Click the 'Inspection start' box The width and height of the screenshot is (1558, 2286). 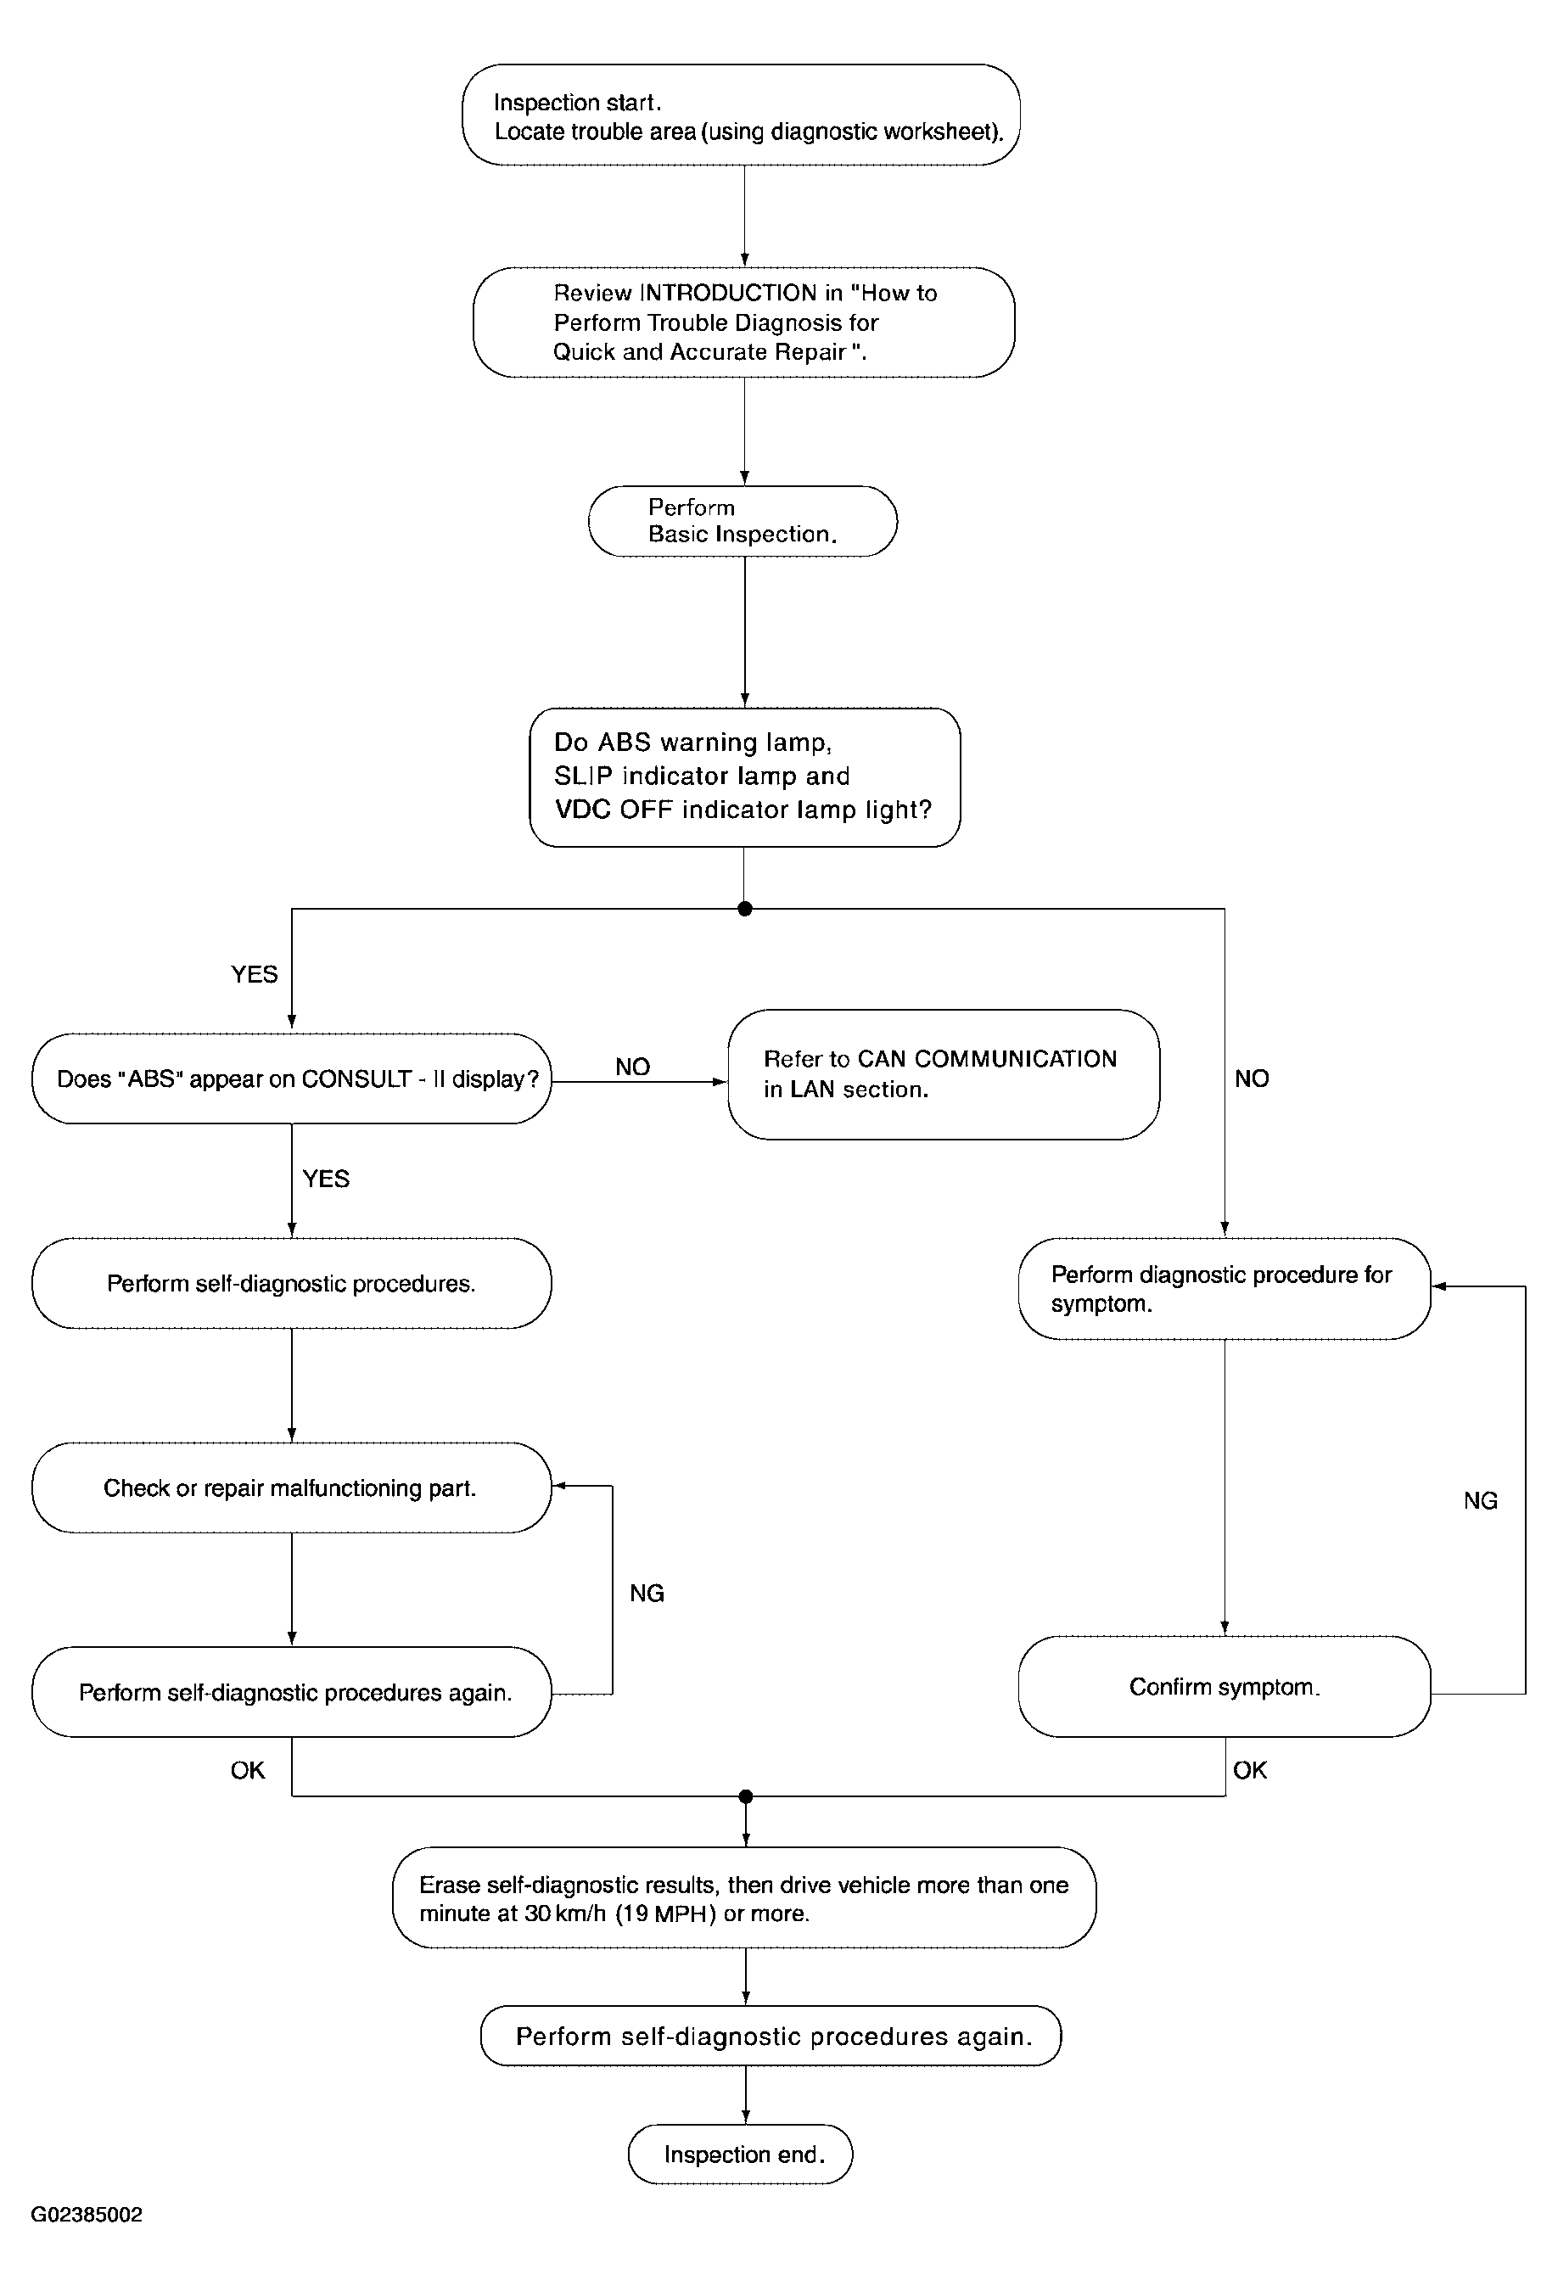pyautogui.click(x=741, y=115)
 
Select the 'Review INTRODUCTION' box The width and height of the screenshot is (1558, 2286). pyautogui.click(x=743, y=322)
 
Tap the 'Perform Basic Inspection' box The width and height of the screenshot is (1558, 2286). pyautogui.click(x=743, y=521)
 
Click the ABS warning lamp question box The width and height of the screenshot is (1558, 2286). pyautogui.click(x=744, y=777)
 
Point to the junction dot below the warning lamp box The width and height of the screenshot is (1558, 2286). pyautogui.click(x=744, y=909)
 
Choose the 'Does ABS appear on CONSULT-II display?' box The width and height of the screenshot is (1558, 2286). pyautogui.click(x=291, y=1079)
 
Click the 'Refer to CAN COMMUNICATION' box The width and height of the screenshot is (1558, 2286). pyautogui.click(x=944, y=1074)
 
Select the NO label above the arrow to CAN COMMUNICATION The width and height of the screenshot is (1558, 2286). pyautogui.click(x=632, y=1067)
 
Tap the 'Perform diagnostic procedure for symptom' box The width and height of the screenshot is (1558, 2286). pyautogui.click(x=1225, y=1289)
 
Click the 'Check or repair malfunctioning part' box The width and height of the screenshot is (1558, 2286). pyautogui.click(x=291, y=1488)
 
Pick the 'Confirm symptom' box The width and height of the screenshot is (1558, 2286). pyautogui.click(x=1225, y=1687)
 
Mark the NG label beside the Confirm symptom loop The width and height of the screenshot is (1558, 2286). pyautogui.click(x=1480, y=1501)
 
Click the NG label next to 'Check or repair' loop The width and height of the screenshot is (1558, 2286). pyautogui.click(x=647, y=1594)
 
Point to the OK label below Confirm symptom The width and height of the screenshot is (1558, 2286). pyautogui.click(x=1250, y=1771)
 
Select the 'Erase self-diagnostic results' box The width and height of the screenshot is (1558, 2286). pyautogui.click(x=744, y=1898)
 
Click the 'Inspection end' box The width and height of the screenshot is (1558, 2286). pyautogui.click(x=741, y=2155)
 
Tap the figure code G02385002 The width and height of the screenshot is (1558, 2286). pyautogui.click(x=87, y=2216)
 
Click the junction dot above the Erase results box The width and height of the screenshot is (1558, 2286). pyautogui.click(x=746, y=1797)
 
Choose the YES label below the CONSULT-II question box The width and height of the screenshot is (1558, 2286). pyautogui.click(x=326, y=1179)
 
